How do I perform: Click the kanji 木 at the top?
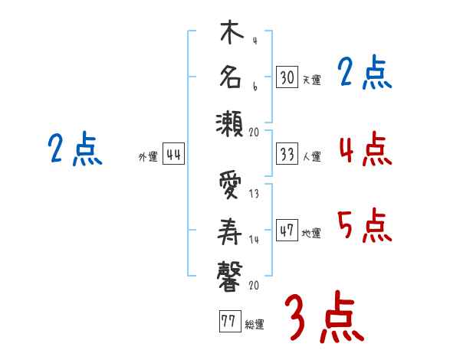[232, 31]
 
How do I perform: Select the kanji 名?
[231, 77]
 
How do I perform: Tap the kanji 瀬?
[229, 124]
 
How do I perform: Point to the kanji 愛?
[230, 185]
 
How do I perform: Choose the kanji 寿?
[229, 231]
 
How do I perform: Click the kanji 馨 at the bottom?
[229, 277]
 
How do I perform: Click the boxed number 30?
[287, 77]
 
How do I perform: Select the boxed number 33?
[287, 154]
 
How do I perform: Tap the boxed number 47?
[287, 230]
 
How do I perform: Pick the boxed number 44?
[173, 154]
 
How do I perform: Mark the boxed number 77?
[230, 321]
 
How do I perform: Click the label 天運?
[312, 80]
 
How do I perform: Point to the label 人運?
[312, 156]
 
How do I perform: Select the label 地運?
[311, 233]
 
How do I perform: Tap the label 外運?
[148, 157]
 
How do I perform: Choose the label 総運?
[255, 325]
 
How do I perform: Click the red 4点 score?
[366, 149]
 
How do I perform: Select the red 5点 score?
[365, 225]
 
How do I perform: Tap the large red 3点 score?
[325, 317]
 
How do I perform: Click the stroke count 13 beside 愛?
[254, 194]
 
